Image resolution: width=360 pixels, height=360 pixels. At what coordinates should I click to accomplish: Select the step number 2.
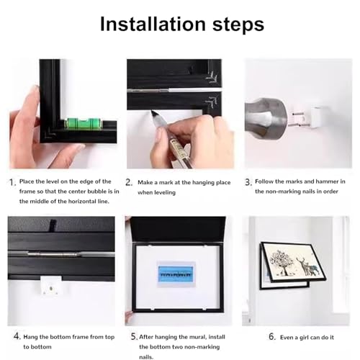(129, 183)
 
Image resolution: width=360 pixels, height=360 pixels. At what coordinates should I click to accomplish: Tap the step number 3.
(248, 183)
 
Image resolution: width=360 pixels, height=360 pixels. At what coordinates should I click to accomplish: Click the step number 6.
(272, 336)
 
